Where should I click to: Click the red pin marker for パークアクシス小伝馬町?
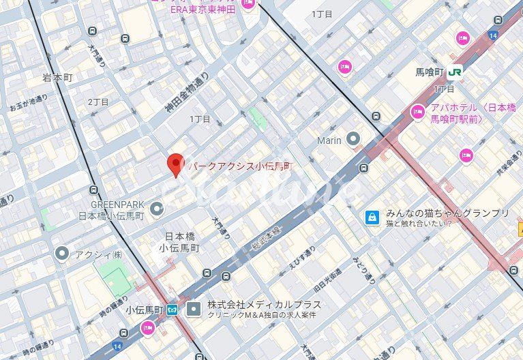tap(176, 164)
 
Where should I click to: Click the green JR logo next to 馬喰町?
tap(455, 71)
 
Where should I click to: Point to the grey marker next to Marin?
tap(353, 140)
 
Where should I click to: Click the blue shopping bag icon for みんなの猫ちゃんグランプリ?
tap(372, 217)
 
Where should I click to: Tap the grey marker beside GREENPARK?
tap(157, 208)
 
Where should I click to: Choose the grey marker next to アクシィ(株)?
tap(62, 254)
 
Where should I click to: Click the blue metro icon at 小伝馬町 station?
tap(173, 310)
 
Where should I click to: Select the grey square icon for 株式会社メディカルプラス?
tap(194, 310)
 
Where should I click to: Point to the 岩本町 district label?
tap(57, 78)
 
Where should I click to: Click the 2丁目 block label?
tap(98, 101)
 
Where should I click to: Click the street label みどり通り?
tap(363, 270)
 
